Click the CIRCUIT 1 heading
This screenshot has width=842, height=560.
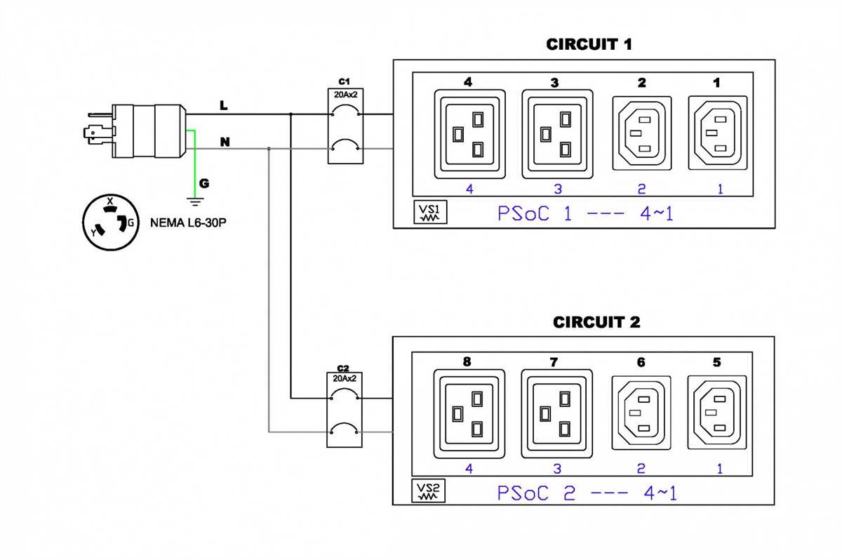589,44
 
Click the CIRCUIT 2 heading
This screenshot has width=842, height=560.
596,322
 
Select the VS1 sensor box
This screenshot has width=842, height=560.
430,212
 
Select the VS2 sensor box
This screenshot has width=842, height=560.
429,491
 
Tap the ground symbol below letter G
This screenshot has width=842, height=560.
195,202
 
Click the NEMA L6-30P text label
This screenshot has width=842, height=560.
188,223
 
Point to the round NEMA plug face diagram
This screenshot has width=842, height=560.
111,222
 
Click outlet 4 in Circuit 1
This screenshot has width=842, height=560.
470,134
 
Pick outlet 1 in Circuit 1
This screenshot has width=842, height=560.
718,133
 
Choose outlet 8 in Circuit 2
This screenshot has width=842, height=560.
469,414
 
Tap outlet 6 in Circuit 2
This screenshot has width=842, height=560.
641,413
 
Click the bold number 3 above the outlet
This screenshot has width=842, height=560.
554,83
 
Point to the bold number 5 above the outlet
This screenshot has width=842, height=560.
717,362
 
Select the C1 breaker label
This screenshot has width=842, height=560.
344,81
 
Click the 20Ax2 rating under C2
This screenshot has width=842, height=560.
345,378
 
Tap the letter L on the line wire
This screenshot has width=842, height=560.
224,105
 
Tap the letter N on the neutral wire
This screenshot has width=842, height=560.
225,142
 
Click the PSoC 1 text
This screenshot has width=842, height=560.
535,213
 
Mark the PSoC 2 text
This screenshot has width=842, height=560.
536,493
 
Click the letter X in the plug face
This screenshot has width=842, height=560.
109,201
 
